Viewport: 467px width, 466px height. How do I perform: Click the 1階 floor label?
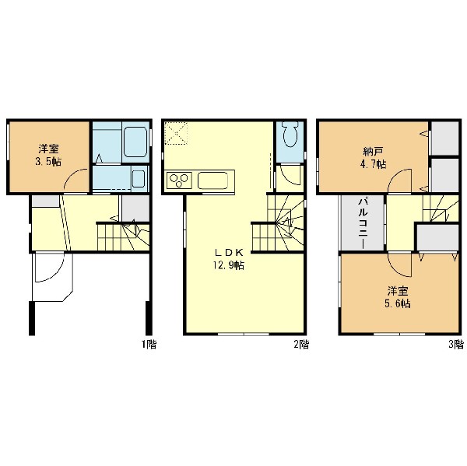click(149, 345)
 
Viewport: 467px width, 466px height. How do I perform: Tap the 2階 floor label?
click(301, 345)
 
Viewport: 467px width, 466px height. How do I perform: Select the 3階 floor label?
click(456, 345)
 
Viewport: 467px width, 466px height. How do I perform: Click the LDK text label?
click(229, 253)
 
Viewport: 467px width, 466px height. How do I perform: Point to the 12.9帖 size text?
click(229, 265)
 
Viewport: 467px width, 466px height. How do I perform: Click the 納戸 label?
click(373, 152)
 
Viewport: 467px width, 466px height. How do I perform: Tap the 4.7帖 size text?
click(374, 164)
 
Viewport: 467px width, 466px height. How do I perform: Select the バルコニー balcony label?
click(363, 223)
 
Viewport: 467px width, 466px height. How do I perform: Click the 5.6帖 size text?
click(398, 303)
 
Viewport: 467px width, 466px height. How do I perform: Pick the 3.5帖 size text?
click(48, 162)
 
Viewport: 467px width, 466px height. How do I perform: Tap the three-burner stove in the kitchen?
click(179, 180)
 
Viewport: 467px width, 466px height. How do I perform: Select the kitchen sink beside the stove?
click(212, 180)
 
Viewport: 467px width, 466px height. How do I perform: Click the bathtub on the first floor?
click(135, 142)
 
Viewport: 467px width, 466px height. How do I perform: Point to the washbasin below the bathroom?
click(139, 178)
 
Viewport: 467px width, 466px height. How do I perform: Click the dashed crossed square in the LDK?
click(176, 133)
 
